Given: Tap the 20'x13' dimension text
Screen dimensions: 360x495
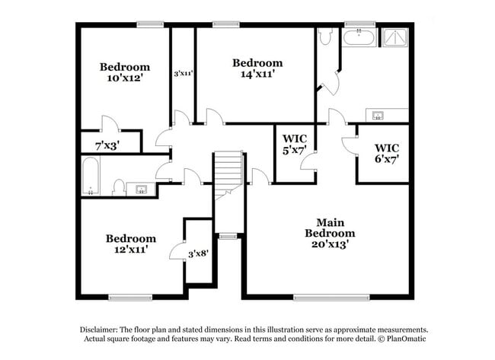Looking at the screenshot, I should click(x=330, y=244).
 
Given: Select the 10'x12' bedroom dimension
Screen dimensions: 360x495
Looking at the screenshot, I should click(x=125, y=78).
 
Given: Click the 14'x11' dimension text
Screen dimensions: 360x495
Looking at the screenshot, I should click(x=257, y=74).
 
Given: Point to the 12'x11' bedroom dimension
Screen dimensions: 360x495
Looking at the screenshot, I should click(x=130, y=249).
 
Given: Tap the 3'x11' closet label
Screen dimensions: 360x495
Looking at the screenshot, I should click(x=183, y=74).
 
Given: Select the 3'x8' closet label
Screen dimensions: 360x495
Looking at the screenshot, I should click(x=199, y=253).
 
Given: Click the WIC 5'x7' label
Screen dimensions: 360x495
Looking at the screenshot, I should click(x=294, y=144).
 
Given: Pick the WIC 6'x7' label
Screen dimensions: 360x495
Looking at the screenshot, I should click(x=387, y=153).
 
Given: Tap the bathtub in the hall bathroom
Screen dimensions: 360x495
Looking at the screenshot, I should click(x=91, y=176).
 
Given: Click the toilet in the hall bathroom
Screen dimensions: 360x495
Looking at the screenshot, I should click(x=119, y=186).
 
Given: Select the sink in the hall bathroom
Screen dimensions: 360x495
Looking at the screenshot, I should click(x=141, y=188).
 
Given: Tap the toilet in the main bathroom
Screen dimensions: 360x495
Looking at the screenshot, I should click(x=325, y=36).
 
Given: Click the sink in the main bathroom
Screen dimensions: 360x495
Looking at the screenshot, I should click(x=377, y=115).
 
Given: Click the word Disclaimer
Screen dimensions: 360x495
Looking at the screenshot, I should click(x=101, y=330).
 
